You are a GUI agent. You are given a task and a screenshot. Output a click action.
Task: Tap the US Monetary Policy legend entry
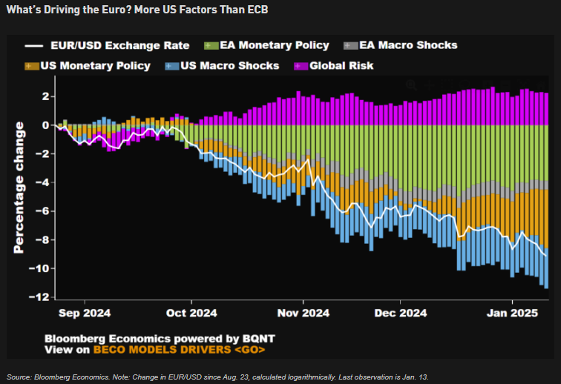(93, 66)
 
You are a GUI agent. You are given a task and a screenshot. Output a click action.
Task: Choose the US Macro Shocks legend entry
(227, 66)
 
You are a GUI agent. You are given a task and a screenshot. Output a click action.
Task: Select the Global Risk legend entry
(337, 66)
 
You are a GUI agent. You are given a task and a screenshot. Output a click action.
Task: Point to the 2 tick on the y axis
(45, 96)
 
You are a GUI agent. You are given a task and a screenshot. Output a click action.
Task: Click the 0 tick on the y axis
(45, 125)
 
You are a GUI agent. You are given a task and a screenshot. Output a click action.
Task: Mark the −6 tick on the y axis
(42, 211)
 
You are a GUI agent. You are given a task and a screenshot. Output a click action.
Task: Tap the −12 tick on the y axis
(39, 297)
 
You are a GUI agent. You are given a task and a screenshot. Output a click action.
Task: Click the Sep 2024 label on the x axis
(85, 313)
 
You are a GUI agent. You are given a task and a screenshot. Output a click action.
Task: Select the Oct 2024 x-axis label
(191, 313)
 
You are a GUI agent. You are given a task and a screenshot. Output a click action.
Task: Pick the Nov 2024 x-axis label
(304, 313)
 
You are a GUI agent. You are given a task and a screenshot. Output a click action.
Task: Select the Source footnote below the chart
(216, 375)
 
